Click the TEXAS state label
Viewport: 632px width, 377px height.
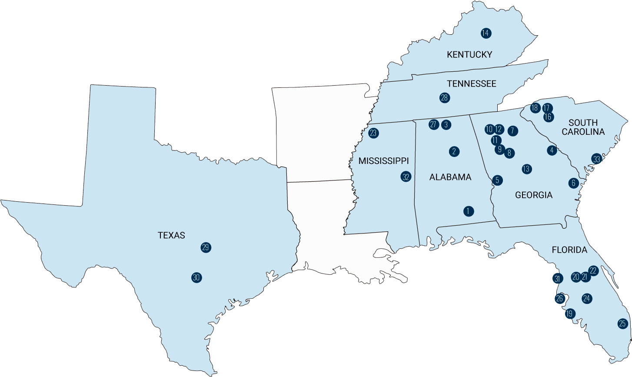(171, 235)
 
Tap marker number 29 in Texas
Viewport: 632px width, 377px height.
(206, 247)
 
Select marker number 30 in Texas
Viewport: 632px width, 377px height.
(196, 277)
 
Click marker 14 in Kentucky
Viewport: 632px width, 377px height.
(486, 33)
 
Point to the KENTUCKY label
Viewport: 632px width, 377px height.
(469, 54)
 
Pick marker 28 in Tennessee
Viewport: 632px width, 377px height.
(444, 98)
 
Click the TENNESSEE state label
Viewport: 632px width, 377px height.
(472, 83)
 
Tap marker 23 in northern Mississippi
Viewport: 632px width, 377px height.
(373, 133)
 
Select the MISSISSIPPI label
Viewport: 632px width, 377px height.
(383, 161)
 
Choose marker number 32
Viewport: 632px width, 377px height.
(406, 177)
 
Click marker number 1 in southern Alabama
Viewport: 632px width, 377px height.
(468, 211)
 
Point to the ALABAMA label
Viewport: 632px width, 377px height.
(450, 177)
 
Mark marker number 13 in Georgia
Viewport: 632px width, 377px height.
(526, 169)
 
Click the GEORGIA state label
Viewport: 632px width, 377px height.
(534, 195)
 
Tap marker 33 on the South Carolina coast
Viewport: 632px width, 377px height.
(597, 159)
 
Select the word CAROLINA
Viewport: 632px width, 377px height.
(583, 131)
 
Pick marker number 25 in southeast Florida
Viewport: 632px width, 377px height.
(622, 324)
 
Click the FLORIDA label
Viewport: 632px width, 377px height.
(569, 250)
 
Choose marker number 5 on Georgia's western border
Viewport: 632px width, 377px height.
(498, 180)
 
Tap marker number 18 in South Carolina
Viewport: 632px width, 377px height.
(535, 108)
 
